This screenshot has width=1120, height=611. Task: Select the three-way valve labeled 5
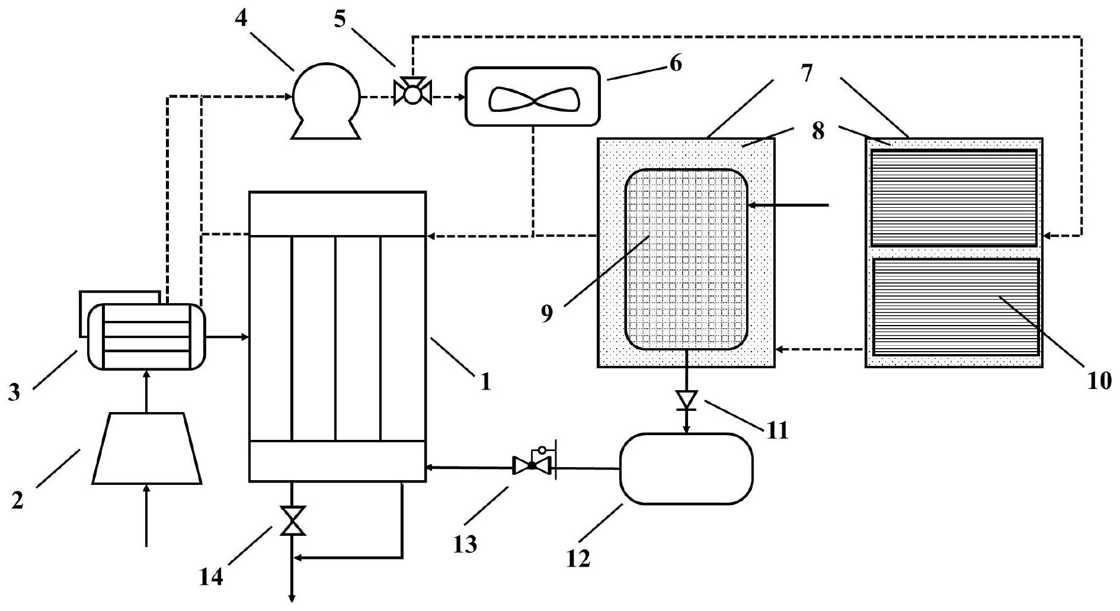tap(412, 92)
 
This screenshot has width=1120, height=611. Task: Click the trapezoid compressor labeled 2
tap(147, 448)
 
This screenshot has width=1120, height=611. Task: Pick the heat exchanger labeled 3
tap(146, 336)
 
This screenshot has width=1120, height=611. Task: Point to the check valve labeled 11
tap(687, 400)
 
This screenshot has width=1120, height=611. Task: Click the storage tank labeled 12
tap(686, 468)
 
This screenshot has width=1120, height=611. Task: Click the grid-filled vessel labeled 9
tap(686, 259)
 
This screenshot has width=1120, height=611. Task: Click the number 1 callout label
tap(485, 382)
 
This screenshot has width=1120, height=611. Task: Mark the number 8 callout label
tap(818, 131)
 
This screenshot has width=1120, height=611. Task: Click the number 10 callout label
tap(1099, 382)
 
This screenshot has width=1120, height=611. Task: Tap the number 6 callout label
tap(675, 63)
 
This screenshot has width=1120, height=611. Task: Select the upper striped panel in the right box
tap(953, 197)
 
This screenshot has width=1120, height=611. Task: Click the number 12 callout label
tap(578, 558)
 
